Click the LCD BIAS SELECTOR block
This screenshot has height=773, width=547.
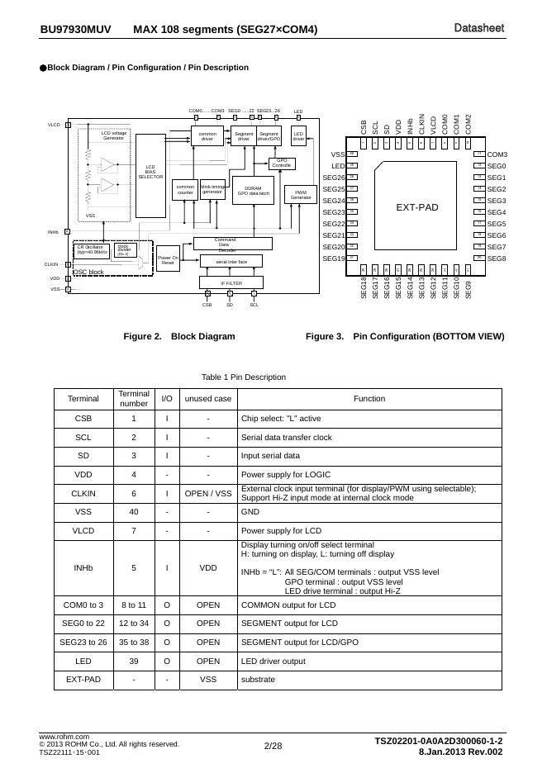(x=150, y=172)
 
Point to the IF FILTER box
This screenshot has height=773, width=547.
(x=231, y=282)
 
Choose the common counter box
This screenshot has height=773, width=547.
(x=184, y=189)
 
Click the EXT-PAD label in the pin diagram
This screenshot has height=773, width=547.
(x=417, y=207)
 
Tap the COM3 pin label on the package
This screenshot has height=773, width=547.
(x=497, y=154)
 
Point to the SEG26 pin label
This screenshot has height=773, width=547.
(x=334, y=178)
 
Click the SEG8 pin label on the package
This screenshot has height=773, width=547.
(x=497, y=258)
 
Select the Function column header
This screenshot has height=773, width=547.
(x=369, y=398)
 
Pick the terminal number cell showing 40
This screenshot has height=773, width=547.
(x=133, y=511)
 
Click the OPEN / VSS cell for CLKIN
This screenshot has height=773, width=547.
(x=208, y=493)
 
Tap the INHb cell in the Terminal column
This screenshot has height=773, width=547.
(x=83, y=568)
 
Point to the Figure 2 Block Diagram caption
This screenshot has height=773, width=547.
(x=178, y=337)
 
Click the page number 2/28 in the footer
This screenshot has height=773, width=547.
(x=273, y=747)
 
